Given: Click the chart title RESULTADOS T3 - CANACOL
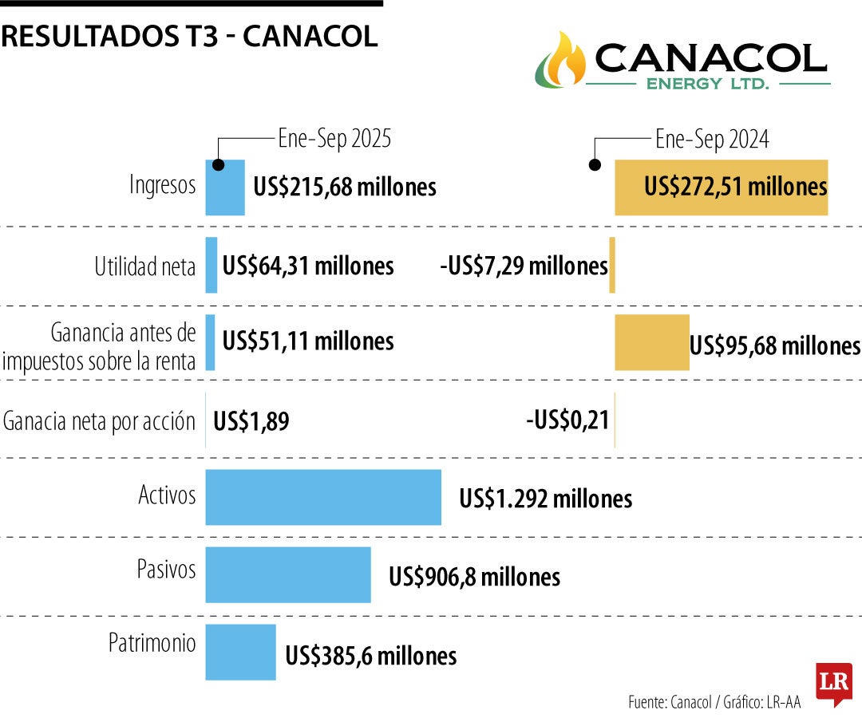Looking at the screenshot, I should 189,37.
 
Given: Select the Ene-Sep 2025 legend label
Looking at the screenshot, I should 334,140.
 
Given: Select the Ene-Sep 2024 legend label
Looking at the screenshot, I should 712,140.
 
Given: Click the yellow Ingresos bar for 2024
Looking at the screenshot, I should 721,187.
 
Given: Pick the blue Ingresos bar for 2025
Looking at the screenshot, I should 225,187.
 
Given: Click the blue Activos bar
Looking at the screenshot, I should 323,498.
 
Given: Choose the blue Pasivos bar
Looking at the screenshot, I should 288,575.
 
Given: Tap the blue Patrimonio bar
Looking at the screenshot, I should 240,653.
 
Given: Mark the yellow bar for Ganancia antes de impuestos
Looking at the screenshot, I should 651,342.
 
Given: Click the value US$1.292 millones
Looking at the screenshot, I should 545,499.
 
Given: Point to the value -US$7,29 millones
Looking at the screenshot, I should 524,266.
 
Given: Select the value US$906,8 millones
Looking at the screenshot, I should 474,577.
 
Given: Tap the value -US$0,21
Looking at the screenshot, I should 567,420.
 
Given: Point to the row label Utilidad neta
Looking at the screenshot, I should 145,266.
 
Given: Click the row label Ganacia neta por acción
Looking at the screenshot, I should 100,420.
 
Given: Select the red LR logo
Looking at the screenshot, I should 833,683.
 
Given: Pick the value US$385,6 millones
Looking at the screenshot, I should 371,656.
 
